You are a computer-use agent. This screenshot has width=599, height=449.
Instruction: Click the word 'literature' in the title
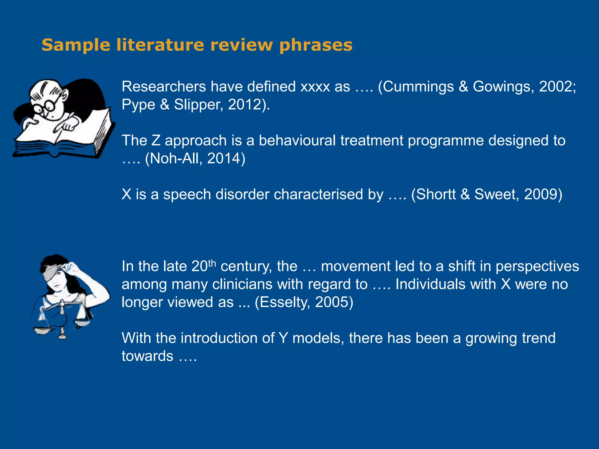click(x=160, y=45)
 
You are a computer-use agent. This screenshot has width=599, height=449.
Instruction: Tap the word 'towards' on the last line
click(x=147, y=356)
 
